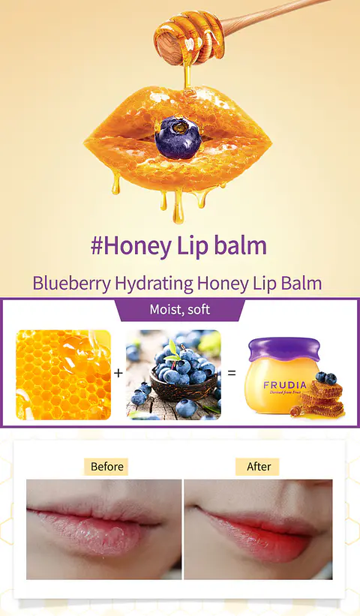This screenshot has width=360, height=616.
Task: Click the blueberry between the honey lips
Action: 178,137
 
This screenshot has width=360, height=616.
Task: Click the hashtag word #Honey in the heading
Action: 132,246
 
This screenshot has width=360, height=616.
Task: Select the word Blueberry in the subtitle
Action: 72,284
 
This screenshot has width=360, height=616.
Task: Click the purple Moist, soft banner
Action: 179,309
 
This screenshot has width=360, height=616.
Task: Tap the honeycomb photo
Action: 63,374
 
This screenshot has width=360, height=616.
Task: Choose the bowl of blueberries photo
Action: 173,374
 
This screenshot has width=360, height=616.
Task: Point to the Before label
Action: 106,467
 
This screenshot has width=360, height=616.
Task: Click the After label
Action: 259,467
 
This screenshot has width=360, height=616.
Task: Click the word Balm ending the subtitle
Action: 305,284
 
